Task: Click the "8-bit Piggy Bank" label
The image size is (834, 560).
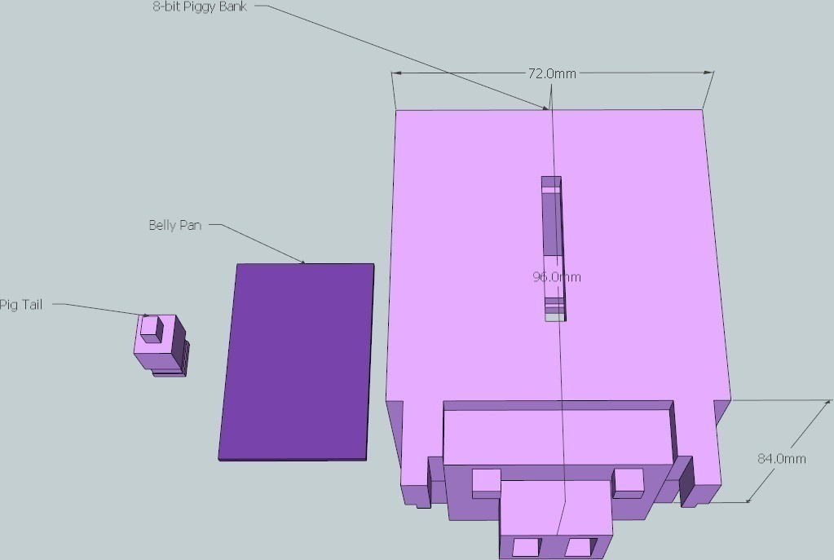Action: (x=200, y=7)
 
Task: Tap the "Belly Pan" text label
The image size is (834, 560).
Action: (x=175, y=225)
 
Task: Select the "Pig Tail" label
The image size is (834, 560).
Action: (x=20, y=305)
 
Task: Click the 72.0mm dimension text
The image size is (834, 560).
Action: (x=552, y=73)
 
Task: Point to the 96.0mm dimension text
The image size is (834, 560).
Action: (x=557, y=276)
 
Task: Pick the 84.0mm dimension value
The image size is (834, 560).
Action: (x=781, y=458)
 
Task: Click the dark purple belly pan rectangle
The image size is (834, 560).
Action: (x=296, y=362)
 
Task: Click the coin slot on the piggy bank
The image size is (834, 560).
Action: (x=554, y=249)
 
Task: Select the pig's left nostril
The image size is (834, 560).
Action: (x=527, y=547)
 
